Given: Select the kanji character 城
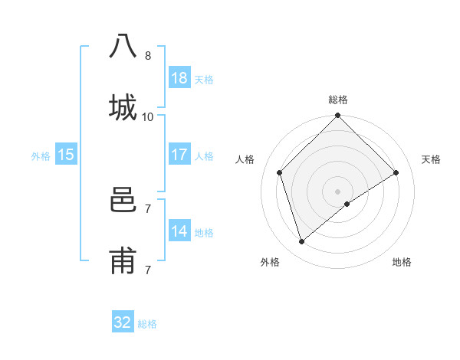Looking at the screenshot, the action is tap(123, 106).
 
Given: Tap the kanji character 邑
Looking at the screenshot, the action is tap(123, 200).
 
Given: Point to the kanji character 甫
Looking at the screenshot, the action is tap(123, 261).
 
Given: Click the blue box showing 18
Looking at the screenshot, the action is tap(179, 78).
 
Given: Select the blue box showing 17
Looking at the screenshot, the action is tap(179, 155).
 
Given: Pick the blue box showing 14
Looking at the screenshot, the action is tap(179, 231).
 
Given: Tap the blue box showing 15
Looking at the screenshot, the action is tap(66, 155).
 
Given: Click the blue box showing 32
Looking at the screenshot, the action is tap(123, 322).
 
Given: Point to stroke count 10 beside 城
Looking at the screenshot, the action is tap(147, 117).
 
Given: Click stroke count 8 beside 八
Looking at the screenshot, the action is tap(147, 56).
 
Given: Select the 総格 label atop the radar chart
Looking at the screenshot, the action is tap(337, 100).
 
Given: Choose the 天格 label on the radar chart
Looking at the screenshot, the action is tap(431, 159).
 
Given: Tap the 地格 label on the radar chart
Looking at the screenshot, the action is tap(402, 262).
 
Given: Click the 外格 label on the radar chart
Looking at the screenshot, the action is tap(270, 262).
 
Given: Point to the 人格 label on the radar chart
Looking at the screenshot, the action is tap(245, 159).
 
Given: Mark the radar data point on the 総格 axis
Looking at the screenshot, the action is tap(337, 116).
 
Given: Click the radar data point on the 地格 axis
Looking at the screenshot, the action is tap(347, 204).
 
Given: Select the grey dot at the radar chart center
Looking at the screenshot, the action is tap(337, 190).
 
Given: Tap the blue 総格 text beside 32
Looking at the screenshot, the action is tap(147, 324).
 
